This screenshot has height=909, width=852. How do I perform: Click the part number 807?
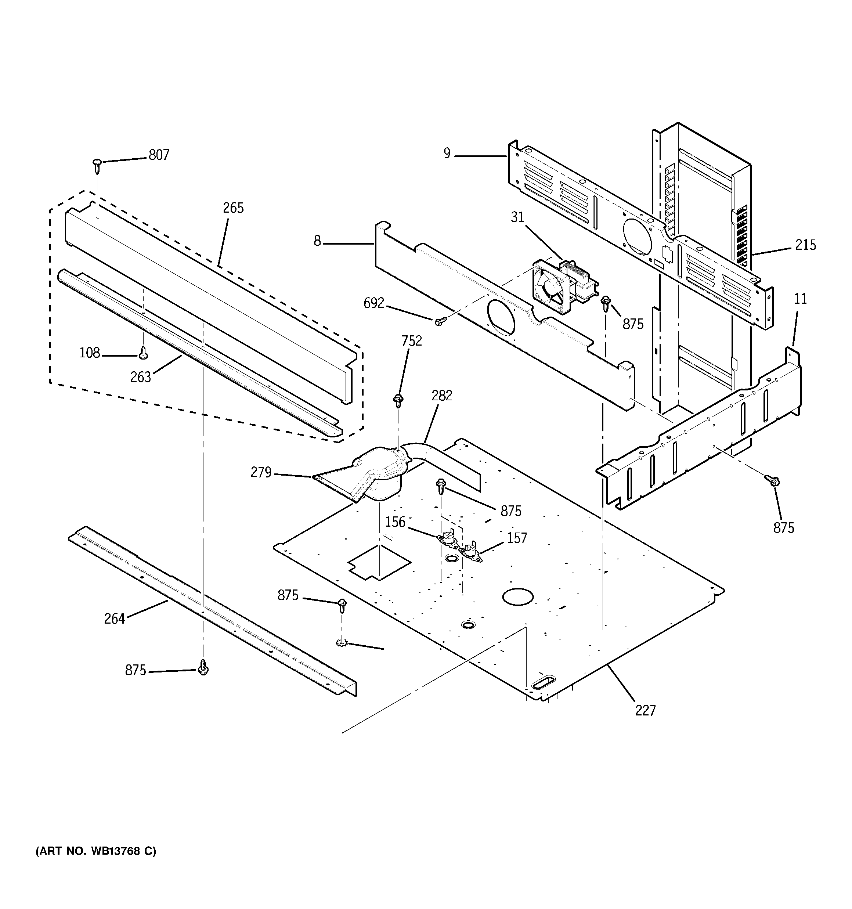click(x=159, y=155)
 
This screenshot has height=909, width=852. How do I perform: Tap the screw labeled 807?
click(x=97, y=166)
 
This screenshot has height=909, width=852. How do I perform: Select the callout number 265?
click(x=233, y=208)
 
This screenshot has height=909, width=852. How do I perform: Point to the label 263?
click(x=140, y=377)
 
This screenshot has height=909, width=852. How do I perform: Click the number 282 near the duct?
click(x=441, y=396)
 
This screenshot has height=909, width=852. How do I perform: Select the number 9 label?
click(x=447, y=153)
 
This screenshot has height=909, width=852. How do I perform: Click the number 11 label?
click(x=800, y=299)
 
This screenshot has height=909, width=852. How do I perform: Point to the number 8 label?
click(x=317, y=241)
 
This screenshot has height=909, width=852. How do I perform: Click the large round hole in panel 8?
click(x=502, y=317)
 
